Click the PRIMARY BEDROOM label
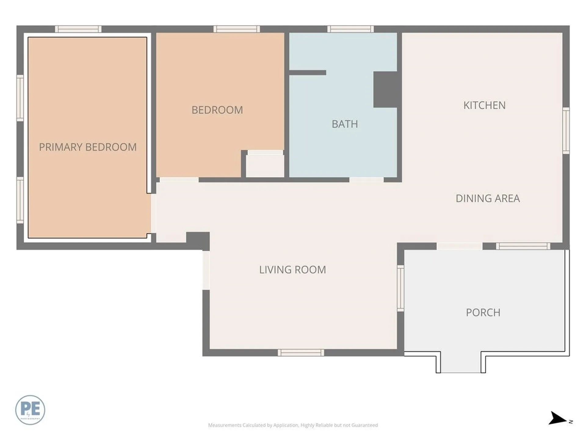click(88, 147)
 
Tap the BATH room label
click(345, 124)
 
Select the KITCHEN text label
click(484, 105)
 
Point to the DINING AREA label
click(487, 198)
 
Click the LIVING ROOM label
click(292, 270)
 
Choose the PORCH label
click(483, 313)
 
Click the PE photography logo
click(30, 410)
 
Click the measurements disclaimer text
click(293, 425)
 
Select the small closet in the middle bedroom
click(265, 165)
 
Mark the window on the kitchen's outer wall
click(566, 130)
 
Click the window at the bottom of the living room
click(301, 353)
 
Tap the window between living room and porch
click(400, 288)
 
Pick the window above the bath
click(350, 29)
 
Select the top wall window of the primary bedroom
click(78, 29)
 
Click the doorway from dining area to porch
click(459, 246)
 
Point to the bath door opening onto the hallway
click(366, 180)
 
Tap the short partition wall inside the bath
click(307, 73)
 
